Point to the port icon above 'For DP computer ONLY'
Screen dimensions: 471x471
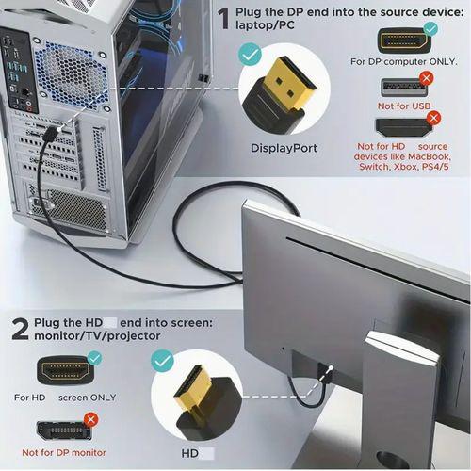coord(403,41)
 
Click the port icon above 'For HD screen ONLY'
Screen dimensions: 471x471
coord(64,369)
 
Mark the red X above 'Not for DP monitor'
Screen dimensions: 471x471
coord(91,418)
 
